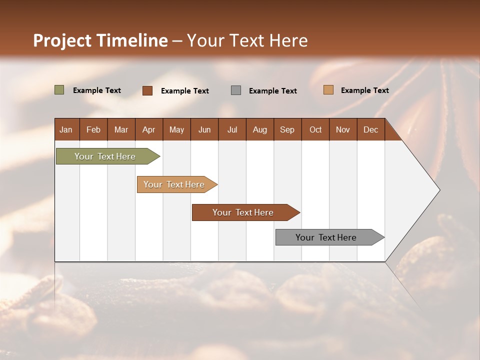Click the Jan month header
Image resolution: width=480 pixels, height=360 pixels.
pyautogui.click(x=66, y=129)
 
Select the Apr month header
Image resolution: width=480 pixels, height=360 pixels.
pyautogui.click(x=148, y=129)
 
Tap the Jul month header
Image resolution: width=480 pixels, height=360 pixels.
pyautogui.click(x=232, y=129)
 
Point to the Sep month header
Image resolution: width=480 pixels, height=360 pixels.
pyautogui.click(x=287, y=129)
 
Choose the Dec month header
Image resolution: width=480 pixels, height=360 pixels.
pyautogui.click(x=370, y=129)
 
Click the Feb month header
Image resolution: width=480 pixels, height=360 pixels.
pyautogui.click(x=93, y=129)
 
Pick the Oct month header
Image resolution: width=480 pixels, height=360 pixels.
pyautogui.click(x=315, y=129)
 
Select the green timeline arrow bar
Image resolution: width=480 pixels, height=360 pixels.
pyautogui.click(x=105, y=156)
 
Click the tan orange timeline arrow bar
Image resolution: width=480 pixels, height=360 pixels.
pyautogui.click(x=174, y=184)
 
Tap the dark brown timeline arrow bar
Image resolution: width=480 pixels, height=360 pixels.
pyautogui.click(x=243, y=212)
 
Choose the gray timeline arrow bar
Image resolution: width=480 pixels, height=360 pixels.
pyautogui.click(x=326, y=237)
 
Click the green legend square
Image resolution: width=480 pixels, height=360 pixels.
pyautogui.click(x=59, y=90)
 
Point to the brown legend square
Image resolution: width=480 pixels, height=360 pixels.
pyautogui.click(x=147, y=90)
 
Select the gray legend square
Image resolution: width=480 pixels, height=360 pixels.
pyautogui.click(x=236, y=90)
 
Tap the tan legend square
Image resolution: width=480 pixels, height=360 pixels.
pyautogui.click(x=328, y=90)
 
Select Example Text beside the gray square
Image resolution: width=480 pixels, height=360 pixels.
pyautogui.click(x=273, y=91)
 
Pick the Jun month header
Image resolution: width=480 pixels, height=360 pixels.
pyautogui.click(x=204, y=129)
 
